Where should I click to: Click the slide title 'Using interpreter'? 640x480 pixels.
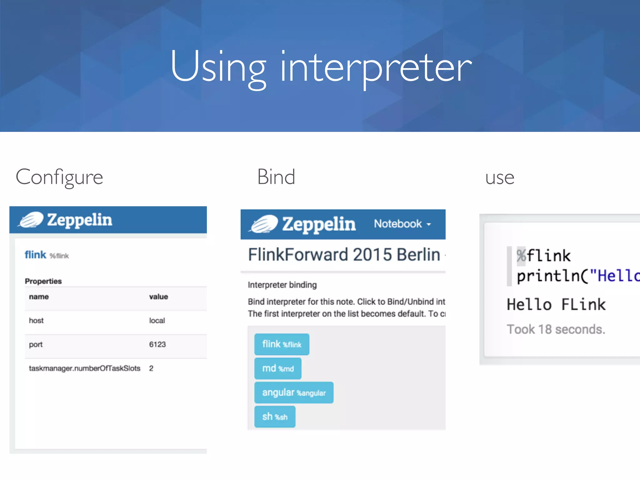click(321, 67)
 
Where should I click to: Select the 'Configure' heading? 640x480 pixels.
click(59, 177)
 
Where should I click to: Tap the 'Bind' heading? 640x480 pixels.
click(276, 177)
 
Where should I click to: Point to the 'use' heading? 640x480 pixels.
click(499, 178)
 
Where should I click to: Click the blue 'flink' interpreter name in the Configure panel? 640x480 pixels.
click(35, 255)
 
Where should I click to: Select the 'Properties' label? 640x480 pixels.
click(43, 281)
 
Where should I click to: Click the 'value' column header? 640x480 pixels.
click(158, 297)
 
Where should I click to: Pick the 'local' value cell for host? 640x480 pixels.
click(157, 320)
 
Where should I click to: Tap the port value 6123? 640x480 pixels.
click(157, 344)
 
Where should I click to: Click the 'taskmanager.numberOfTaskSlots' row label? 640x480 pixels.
click(84, 368)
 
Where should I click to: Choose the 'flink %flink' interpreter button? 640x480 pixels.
click(282, 344)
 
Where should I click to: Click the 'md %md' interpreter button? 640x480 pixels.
click(278, 368)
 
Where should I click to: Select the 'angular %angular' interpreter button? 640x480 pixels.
click(294, 392)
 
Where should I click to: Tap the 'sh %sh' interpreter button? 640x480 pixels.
click(275, 417)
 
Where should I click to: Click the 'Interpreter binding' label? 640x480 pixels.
click(282, 285)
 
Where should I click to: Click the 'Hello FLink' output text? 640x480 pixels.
click(556, 304)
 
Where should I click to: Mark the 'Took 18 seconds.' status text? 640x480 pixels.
click(556, 329)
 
